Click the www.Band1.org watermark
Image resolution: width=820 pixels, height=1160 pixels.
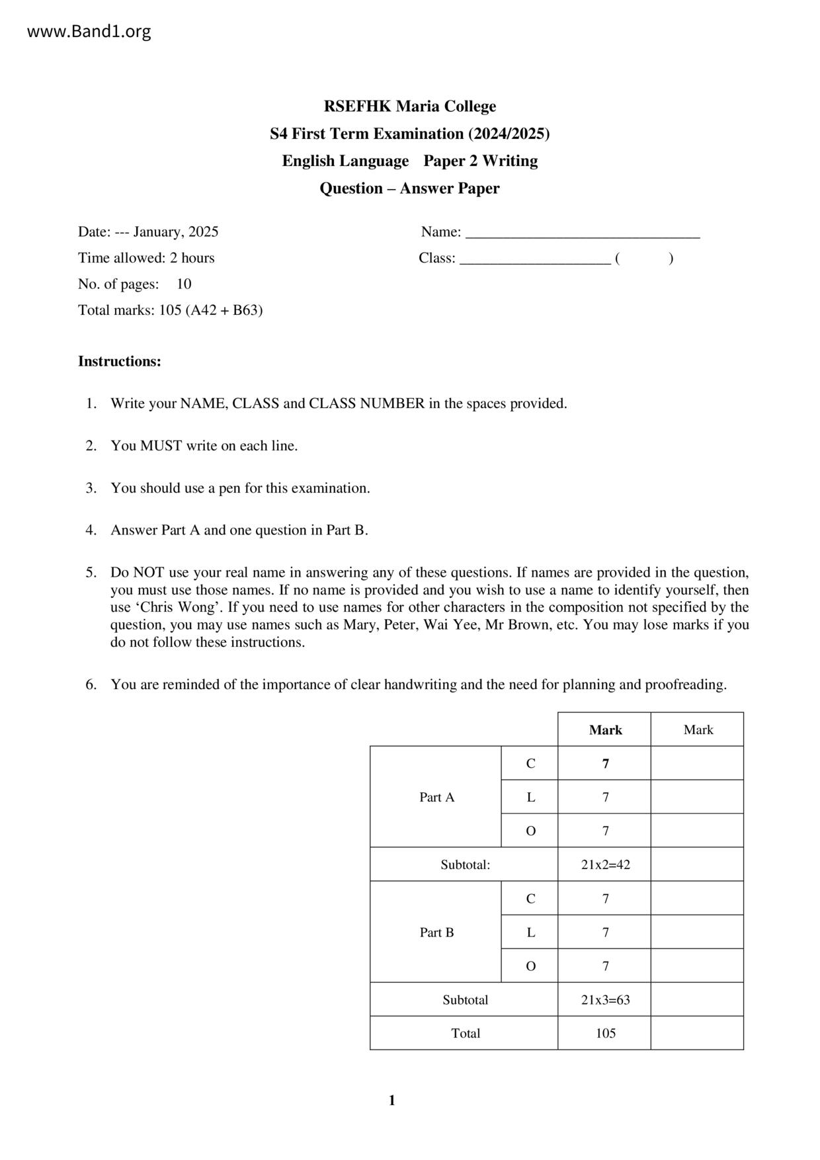pos(89,31)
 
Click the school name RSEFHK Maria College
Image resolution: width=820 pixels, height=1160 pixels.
pos(409,106)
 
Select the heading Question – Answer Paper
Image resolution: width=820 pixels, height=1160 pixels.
pos(409,188)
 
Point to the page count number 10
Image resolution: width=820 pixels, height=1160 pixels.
pos(184,284)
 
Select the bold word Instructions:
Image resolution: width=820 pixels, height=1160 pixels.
pos(120,362)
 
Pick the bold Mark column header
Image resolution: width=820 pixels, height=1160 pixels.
pos(605,730)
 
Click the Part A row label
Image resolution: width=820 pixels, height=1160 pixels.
pos(436,798)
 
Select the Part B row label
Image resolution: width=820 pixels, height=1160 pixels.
pos(436,932)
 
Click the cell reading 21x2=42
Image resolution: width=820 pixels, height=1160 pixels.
pos(605,865)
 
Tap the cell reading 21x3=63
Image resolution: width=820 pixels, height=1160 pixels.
pos(605,1000)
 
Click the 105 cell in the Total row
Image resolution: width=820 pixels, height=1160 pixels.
pos(605,1034)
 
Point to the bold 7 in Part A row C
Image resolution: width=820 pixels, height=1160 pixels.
pos(605,764)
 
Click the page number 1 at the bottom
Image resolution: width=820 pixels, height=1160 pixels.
pos(391,1100)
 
